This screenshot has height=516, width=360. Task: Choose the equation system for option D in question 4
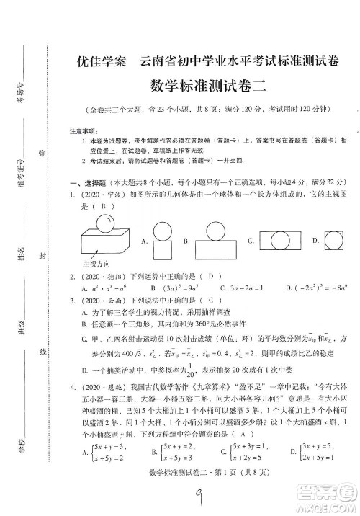(323, 453)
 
